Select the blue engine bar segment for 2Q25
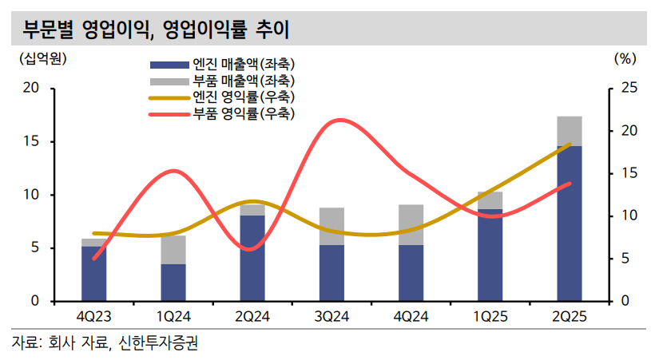569,224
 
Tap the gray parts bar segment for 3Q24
325,226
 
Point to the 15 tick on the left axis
34,142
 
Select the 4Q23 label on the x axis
94,316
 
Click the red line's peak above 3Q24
339,121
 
